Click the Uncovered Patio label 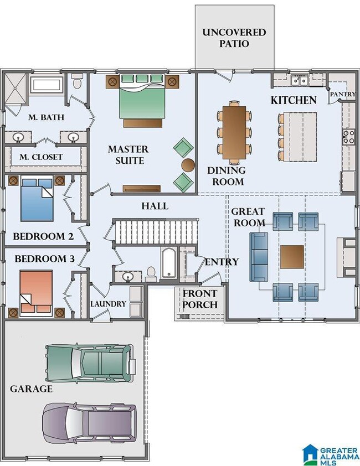coord(234,38)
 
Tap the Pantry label coord(343,94)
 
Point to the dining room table coord(234,132)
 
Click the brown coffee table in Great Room coord(292,257)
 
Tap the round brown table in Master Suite coord(188,165)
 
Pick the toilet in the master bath coord(78,82)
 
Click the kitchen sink coord(299,80)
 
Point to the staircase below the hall coord(156,231)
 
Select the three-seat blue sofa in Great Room coord(259,257)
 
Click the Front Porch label coord(200,299)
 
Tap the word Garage coord(31,389)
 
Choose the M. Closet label coord(41,157)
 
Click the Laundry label coord(109,304)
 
